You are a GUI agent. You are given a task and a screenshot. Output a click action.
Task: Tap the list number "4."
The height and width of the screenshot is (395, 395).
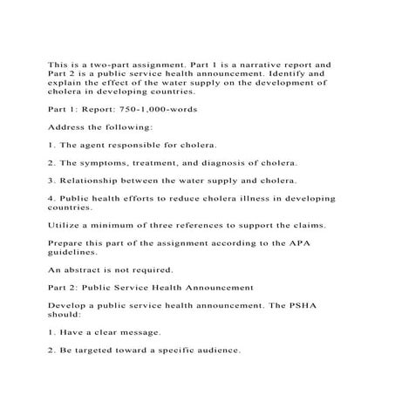click(51, 200)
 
